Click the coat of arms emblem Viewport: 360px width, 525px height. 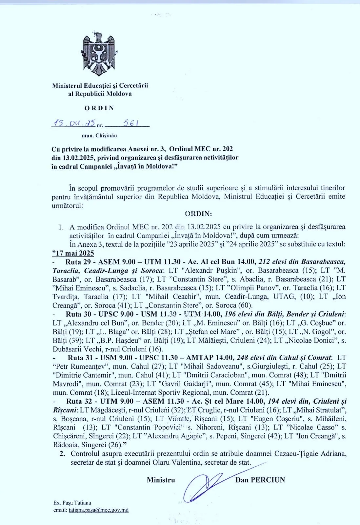99,54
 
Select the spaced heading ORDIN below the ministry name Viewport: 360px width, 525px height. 99,108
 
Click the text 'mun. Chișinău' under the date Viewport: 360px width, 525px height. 99,135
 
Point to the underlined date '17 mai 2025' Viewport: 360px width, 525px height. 73,253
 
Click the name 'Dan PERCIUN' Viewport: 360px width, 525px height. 260,480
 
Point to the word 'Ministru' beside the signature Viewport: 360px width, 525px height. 161,480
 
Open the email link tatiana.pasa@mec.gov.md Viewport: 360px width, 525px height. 98,510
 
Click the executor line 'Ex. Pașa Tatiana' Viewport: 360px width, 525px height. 72,503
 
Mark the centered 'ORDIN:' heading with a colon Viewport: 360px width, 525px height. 199,214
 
